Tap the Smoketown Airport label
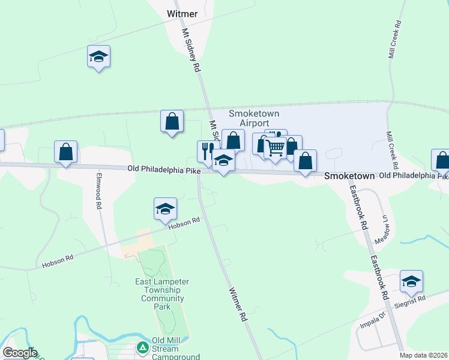255,118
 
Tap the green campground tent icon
142,347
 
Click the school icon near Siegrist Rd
411,281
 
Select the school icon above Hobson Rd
165,208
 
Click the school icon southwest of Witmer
98,56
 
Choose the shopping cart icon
276,147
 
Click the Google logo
19,353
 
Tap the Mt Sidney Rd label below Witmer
191,51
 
